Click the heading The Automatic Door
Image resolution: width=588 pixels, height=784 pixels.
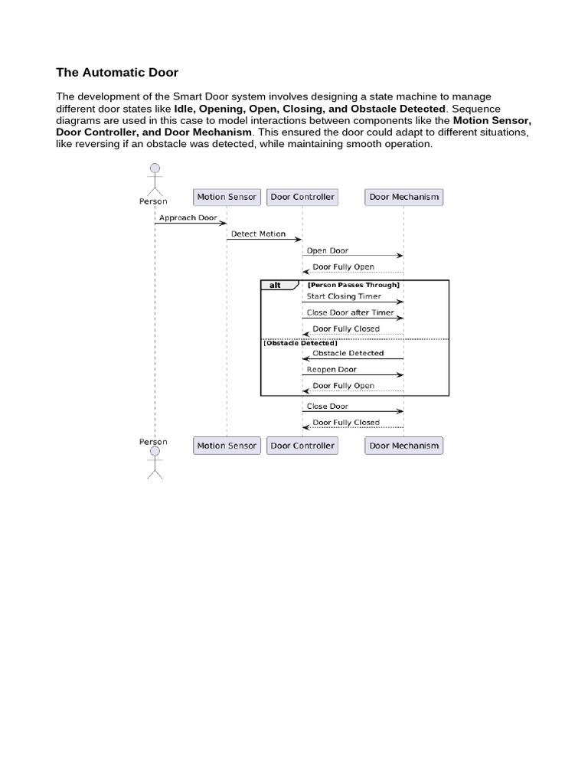point(117,73)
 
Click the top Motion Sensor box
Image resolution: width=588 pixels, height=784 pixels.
point(227,197)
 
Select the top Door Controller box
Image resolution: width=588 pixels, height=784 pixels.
point(302,197)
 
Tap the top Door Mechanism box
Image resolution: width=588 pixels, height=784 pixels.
point(404,197)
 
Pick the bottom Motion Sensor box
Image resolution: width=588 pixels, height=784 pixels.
point(227,446)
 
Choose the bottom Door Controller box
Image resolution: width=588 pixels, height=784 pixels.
point(302,446)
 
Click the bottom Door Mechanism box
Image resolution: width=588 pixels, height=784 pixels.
point(404,446)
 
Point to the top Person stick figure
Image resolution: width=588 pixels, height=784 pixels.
point(155,178)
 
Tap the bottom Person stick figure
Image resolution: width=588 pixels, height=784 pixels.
point(155,462)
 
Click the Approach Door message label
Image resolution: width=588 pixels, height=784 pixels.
point(188,217)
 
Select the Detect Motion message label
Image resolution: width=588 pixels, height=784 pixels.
point(258,234)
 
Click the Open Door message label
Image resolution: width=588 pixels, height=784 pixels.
point(328,250)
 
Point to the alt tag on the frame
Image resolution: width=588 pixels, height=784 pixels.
point(275,285)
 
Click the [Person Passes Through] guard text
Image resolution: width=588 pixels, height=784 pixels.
point(353,285)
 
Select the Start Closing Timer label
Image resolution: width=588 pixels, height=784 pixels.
point(344,296)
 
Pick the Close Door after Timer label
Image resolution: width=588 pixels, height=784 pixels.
point(350,312)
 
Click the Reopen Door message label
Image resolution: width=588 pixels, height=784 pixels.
point(332,370)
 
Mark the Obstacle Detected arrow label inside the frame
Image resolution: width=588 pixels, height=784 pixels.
point(348,354)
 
